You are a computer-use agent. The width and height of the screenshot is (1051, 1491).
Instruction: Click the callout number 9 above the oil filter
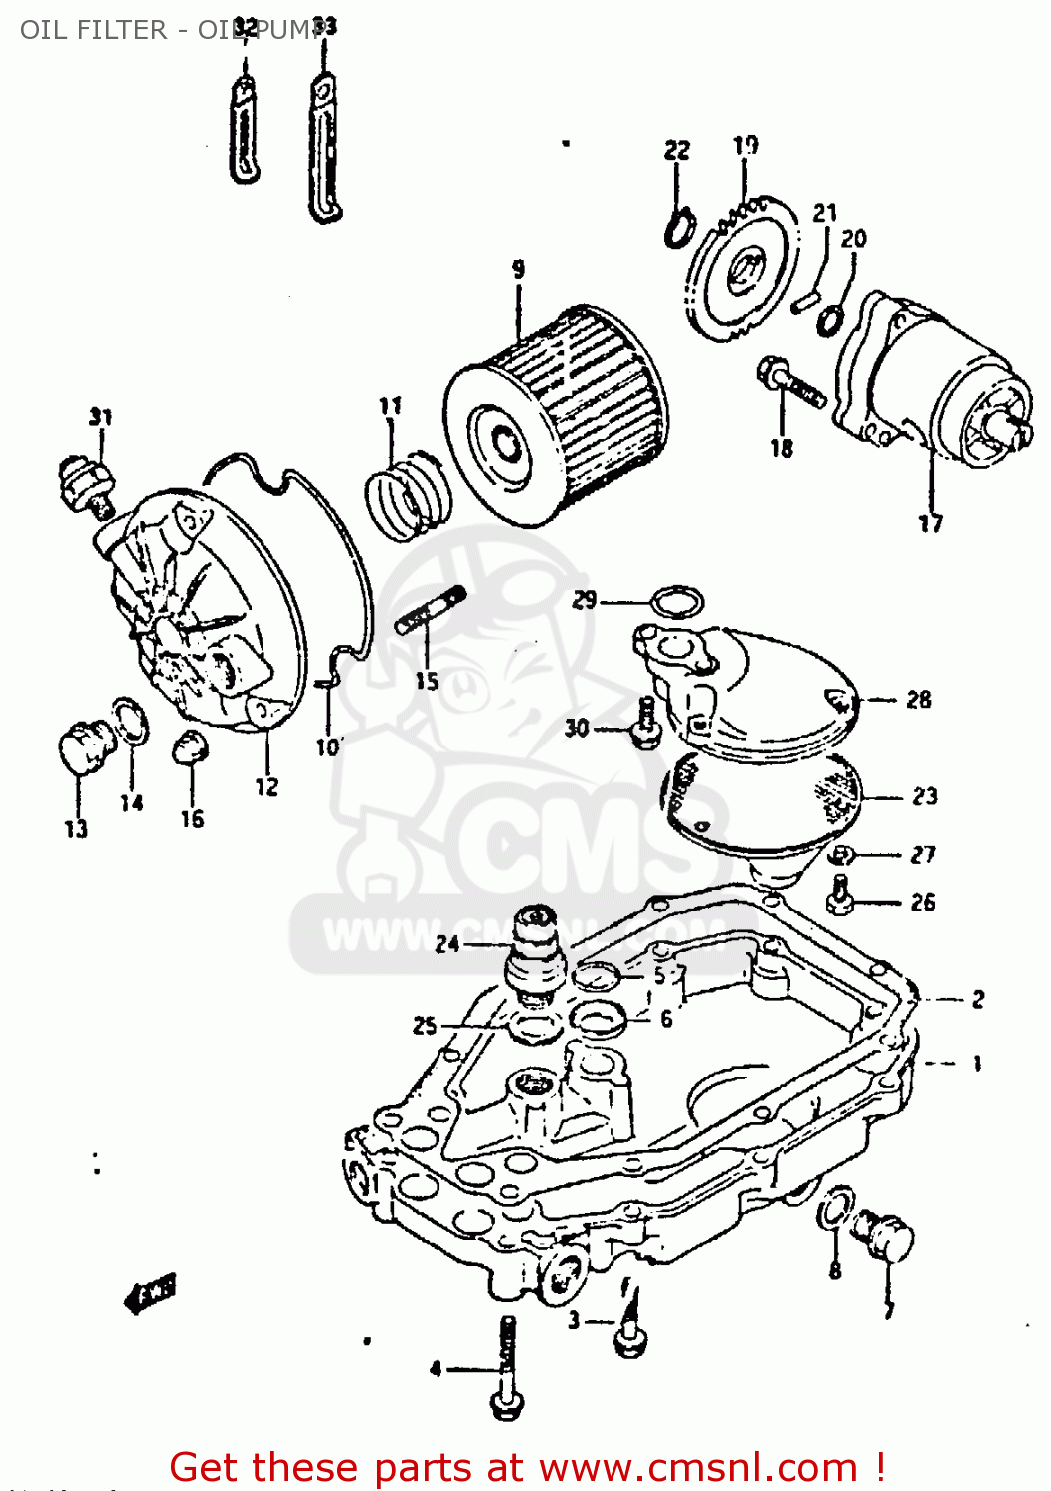coord(518,269)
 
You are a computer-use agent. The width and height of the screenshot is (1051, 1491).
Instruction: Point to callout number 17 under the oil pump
coord(930,523)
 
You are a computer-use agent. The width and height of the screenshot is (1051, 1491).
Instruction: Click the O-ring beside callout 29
coord(677,601)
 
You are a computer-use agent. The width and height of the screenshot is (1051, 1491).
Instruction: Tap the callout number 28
coord(918,700)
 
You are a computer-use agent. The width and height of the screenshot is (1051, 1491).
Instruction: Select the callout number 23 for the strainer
coord(924,796)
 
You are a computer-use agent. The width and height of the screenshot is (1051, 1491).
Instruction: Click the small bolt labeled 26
coord(838,894)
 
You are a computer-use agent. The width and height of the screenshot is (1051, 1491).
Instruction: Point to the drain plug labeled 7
coord(887,1236)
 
